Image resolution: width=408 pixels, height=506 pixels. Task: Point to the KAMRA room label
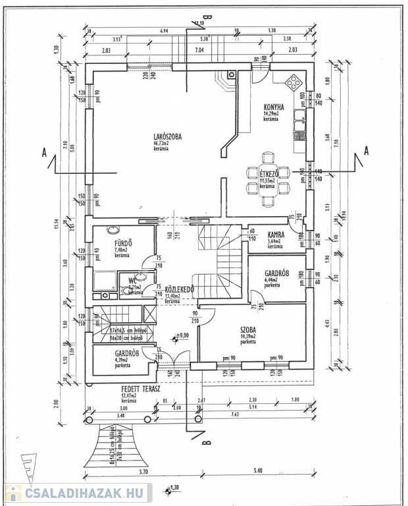pos(275,235)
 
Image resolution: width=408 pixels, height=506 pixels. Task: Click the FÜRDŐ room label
pos(123,242)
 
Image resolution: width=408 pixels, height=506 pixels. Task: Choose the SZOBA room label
pos(248,329)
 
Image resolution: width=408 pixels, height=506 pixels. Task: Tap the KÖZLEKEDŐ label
pos(178,289)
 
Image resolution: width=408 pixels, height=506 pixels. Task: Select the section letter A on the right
pos(366,150)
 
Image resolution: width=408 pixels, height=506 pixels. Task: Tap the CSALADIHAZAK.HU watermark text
pos(86,493)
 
